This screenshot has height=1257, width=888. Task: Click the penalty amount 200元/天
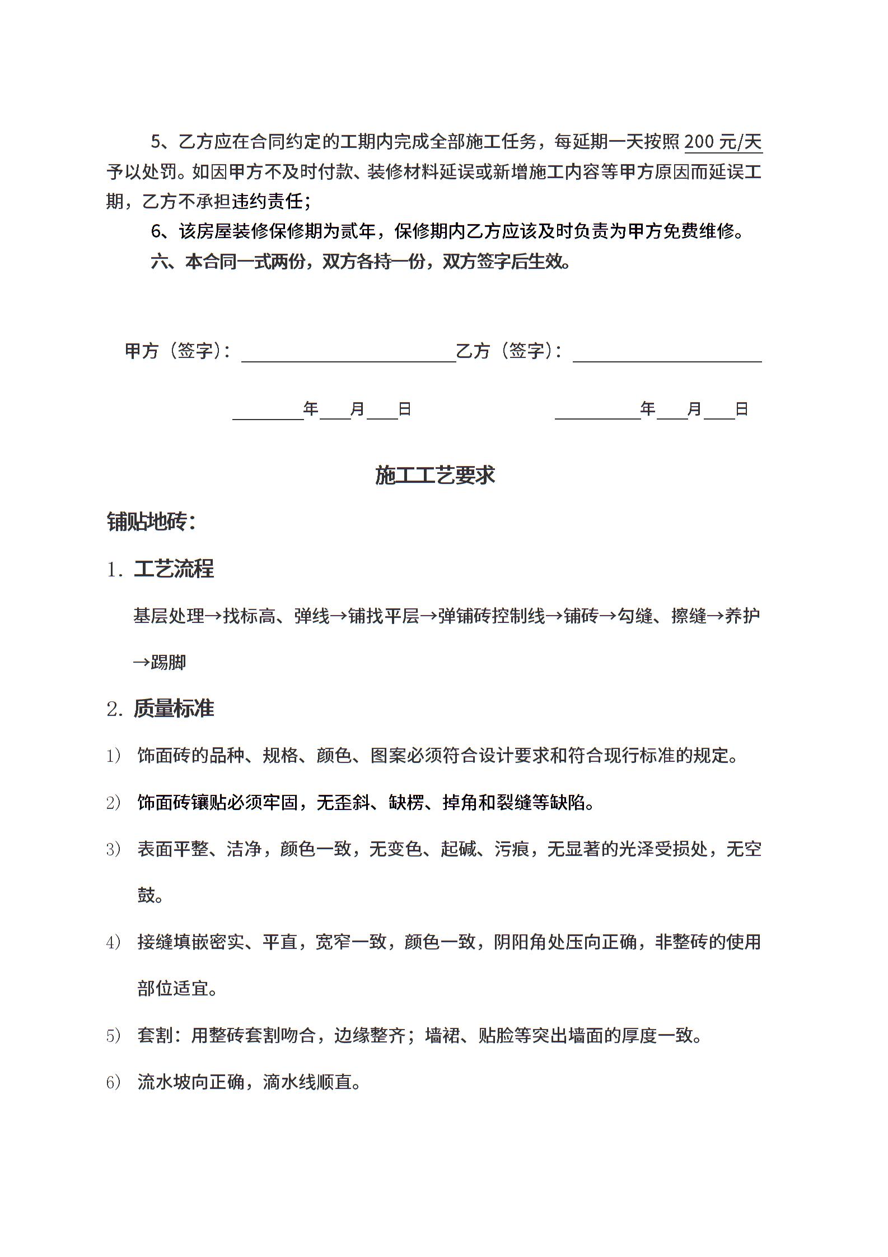pyautogui.click(x=723, y=142)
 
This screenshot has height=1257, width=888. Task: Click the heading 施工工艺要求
pyautogui.click(x=435, y=475)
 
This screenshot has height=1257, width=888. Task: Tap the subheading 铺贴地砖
pyautogui.click(x=151, y=522)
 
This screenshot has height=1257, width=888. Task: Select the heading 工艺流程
pyautogui.click(x=174, y=569)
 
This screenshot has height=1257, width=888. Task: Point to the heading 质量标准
pyautogui.click(x=174, y=709)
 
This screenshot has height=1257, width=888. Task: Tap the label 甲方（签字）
pyautogui.click(x=177, y=351)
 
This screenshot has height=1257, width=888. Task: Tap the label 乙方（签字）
pyautogui.click(x=508, y=351)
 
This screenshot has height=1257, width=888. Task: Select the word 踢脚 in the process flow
pyautogui.click(x=168, y=663)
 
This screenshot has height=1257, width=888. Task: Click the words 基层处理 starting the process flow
pyautogui.click(x=169, y=616)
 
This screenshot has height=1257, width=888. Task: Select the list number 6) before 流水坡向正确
pyautogui.click(x=113, y=1082)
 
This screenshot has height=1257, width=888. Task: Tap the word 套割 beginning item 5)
pyautogui.click(x=155, y=1035)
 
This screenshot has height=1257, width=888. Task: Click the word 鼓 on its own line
pyautogui.click(x=146, y=895)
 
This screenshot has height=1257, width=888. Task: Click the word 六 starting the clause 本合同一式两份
pyautogui.click(x=159, y=262)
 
